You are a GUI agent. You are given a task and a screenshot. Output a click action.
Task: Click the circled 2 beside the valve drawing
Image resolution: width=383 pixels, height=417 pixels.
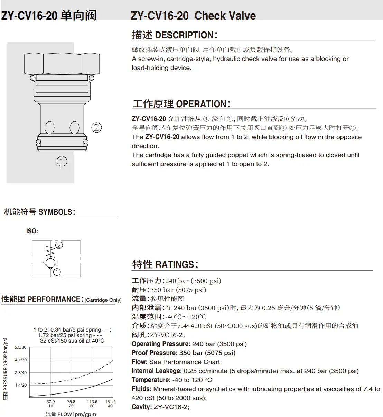coord(96,127)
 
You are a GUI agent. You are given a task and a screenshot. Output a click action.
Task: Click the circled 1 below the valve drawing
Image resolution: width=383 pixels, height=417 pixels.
coord(62,161)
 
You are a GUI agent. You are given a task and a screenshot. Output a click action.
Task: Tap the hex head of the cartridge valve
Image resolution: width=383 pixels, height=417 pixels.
coord(62,64)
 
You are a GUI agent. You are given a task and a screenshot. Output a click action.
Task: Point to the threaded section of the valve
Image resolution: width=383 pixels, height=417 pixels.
coord(62,91)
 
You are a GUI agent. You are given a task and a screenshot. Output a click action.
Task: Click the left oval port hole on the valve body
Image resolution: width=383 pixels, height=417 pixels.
coord(49,127)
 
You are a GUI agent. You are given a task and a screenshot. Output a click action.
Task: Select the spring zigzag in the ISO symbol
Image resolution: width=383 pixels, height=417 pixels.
coord(50,252)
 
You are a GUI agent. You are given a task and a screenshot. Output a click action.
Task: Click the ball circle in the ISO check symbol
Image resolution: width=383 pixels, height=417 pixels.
coord(50,263)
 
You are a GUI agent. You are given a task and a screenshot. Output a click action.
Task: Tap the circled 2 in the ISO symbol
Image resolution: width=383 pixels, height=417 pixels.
coord(59,245)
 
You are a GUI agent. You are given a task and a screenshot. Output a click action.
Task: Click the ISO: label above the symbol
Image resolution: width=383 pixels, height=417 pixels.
coord(32,231)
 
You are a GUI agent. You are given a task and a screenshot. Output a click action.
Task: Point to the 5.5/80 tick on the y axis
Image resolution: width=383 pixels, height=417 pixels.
coord(20,347)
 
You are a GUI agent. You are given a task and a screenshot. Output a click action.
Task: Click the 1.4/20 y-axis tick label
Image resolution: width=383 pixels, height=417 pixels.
coord(21,385)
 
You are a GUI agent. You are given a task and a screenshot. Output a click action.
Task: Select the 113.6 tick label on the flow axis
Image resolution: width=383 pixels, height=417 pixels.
coord(92,402)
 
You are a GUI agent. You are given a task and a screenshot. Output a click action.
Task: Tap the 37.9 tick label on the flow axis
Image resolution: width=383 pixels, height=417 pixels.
coord(51,402)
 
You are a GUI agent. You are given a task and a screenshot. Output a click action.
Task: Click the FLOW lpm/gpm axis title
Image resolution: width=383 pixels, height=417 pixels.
coord(77,414)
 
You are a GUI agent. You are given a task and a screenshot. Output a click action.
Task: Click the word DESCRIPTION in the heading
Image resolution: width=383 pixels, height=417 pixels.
coord(184,35)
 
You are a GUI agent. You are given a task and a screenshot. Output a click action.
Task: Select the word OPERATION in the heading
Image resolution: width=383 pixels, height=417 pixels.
coord(201,104)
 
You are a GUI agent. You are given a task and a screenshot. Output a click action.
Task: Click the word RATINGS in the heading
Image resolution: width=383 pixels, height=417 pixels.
coord(175,265)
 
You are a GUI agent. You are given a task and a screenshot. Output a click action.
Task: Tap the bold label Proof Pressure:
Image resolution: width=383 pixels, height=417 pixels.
coord(155,353)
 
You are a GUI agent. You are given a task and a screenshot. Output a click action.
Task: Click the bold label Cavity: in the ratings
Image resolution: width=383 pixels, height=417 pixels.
coord(142,407)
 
